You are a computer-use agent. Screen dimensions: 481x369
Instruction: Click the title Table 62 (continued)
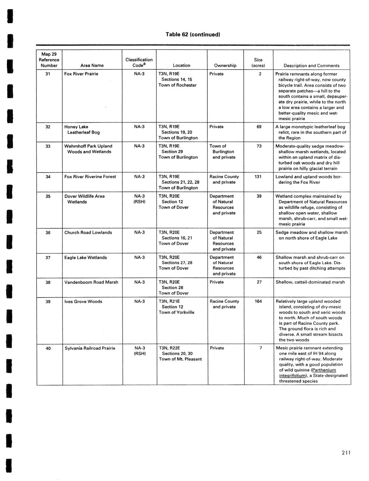click(x=193, y=35)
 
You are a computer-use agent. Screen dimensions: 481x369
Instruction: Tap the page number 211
click(x=346, y=453)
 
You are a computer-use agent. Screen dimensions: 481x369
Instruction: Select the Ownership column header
click(x=225, y=66)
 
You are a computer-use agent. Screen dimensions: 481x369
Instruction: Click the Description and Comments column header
click(x=311, y=66)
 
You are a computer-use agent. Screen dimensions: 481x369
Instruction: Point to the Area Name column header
click(x=92, y=66)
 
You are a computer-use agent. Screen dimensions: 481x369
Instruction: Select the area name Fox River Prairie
click(x=81, y=74)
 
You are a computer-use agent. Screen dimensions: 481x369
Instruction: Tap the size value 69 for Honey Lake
click(x=259, y=127)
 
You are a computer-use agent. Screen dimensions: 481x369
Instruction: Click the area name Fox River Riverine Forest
click(x=90, y=177)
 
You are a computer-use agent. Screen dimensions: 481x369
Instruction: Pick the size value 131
click(x=258, y=177)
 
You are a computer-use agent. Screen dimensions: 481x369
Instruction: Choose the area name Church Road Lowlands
click(x=88, y=233)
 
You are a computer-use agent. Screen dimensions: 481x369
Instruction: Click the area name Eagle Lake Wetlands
click(x=86, y=258)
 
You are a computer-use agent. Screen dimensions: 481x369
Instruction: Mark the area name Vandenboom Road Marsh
click(x=91, y=282)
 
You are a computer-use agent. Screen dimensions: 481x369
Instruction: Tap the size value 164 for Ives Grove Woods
click(x=258, y=301)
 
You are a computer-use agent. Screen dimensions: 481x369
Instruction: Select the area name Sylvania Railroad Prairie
click(x=90, y=348)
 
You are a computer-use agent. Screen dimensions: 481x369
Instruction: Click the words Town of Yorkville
click(x=176, y=313)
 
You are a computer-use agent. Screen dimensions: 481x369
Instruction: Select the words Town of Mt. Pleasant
click(x=180, y=359)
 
